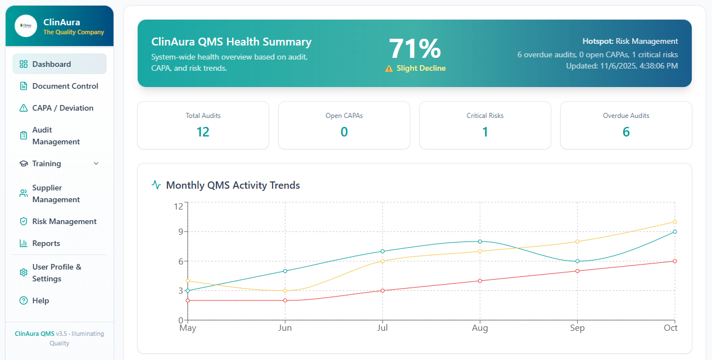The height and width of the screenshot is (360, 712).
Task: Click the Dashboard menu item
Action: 51,64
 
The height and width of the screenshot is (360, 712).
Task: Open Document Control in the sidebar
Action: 65,86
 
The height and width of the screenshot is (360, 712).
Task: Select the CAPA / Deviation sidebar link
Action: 62,108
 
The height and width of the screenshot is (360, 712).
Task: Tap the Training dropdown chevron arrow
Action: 96,163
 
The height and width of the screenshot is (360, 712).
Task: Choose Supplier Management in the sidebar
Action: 56,194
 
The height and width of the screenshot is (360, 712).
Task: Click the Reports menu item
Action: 46,243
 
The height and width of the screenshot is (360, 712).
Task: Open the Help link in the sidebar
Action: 40,300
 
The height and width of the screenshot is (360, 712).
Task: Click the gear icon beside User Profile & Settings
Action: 24,272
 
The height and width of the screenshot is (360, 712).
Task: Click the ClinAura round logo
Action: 26,26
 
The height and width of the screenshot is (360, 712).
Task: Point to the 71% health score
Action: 415,49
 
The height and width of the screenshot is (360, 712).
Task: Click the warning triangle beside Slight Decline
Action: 389,69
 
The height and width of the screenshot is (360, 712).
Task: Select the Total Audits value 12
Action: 203,132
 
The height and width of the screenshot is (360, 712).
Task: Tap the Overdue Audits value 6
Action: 626,132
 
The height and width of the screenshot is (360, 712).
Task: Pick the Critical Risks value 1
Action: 485,132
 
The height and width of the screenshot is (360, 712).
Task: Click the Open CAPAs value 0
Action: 344,132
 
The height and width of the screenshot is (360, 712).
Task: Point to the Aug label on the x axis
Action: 480,328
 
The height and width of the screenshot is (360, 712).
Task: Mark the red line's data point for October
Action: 674,261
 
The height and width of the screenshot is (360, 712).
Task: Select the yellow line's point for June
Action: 285,290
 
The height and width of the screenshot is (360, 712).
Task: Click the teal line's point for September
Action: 577,261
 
